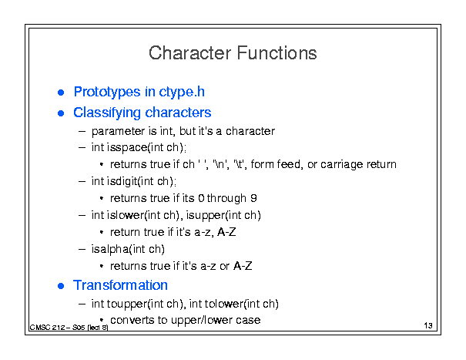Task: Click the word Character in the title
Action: pyautogui.click(x=190, y=53)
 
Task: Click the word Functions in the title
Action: pyautogui.click(x=277, y=53)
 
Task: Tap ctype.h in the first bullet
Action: pyautogui.click(x=182, y=92)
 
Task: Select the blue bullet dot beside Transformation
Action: pyautogui.click(x=61, y=286)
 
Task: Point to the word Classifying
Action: pyautogui.click(x=107, y=113)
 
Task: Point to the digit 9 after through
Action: pyautogui.click(x=253, y=198)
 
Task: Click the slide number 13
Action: pyautogui.click(x=428, y=325)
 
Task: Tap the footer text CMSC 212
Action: pyautogui.click(x=47, y=328)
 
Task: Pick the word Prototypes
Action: pyautogui.click(x=107, y=92)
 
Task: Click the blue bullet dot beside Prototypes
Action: pyautogui.click(x=61, y=93)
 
